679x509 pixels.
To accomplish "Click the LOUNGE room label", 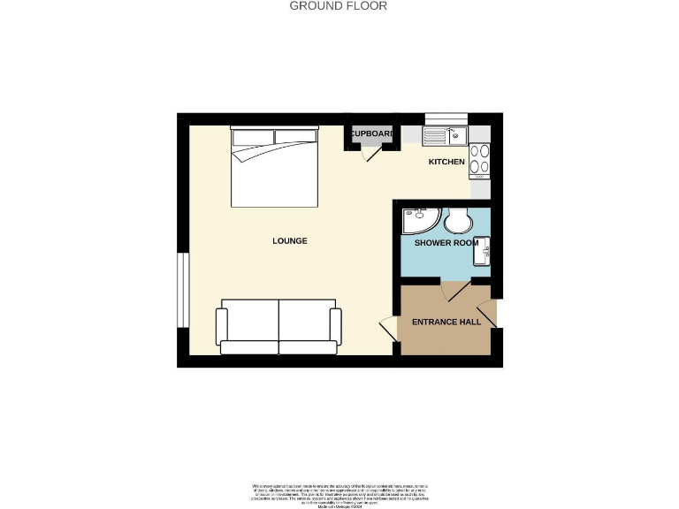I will pos(290,240).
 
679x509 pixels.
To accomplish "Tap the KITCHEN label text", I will pos(446,162).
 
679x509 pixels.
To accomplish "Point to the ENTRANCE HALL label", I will pos(446,322).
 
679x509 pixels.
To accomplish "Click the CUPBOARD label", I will pos(372,133).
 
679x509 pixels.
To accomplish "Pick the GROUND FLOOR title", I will pos(339,6).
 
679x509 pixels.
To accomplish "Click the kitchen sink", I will pos(444,135).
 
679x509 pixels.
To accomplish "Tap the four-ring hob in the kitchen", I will pos(479,158).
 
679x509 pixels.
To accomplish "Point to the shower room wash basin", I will pos(483,251).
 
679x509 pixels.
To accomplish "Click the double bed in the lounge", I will pos(274,167).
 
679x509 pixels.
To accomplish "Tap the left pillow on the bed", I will pos(253,136).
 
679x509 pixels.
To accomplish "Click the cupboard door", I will pos(371,152).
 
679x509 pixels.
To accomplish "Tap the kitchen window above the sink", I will pos(446,118).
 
